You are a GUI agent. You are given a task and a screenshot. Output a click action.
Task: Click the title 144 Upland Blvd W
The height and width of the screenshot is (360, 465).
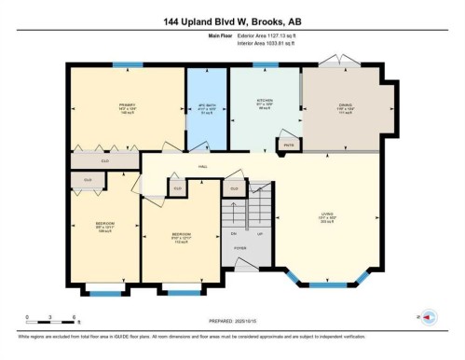tap(232, 20)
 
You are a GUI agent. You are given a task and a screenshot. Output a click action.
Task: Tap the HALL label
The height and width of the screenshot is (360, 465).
tap(201, 167)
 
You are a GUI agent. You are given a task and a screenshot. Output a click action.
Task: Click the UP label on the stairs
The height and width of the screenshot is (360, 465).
tap(260, 233)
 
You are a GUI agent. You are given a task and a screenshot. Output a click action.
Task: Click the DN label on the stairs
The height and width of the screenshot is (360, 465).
tap(234, 233)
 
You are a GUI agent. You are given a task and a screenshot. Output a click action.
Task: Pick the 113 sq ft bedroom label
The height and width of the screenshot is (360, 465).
tap(181, 238)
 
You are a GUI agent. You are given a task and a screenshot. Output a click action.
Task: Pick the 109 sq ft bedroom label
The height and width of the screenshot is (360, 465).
tap(105, 227)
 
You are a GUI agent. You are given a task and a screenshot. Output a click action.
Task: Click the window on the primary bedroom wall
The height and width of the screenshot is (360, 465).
tap(129, 65)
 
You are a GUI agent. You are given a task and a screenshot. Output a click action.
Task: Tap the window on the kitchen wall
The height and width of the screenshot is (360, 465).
tap(266, 65)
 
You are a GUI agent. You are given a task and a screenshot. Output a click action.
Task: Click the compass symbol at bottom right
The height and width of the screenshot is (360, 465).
tap(430, 317)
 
